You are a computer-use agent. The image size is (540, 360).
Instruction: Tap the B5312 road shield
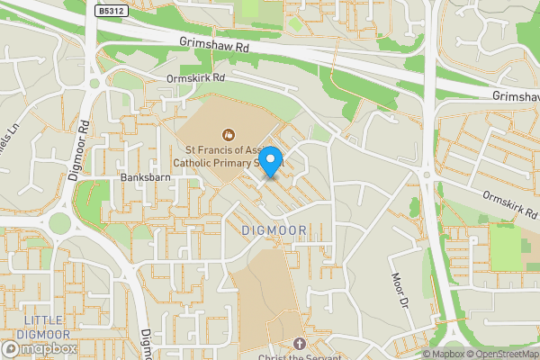pos(111,9)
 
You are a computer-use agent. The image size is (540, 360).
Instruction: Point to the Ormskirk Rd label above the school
pos(195,78)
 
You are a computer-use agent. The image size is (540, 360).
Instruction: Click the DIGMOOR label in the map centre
pos(274,231)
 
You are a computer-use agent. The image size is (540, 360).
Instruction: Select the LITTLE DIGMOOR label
pos(44,328)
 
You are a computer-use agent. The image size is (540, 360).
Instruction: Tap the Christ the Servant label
pos(300,355)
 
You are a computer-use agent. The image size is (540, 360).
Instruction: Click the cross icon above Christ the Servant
pos(300,342)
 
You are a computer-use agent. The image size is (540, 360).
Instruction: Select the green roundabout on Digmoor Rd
pos(60,222)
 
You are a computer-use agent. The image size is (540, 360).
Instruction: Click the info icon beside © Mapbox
pos(427,354)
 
